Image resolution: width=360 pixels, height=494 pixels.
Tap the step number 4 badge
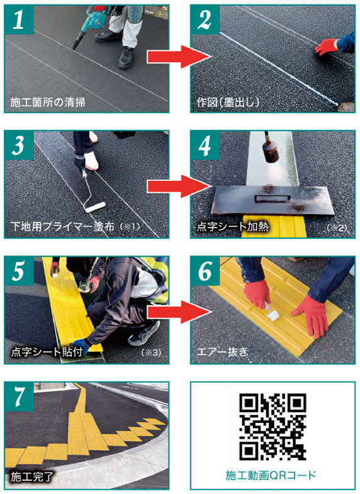pos(205,145)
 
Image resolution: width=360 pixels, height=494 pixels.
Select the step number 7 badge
pos(19,397)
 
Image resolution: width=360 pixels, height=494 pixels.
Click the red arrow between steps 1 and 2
pos(178,57)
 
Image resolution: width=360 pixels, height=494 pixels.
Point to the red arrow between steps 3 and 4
pos(178,187)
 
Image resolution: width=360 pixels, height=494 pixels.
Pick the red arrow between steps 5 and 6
pos(178,312)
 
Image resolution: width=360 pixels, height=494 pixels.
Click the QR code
pos(273,427)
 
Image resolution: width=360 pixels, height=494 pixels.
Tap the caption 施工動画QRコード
pos(271,475)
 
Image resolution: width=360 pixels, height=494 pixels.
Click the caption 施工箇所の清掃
pos(48,102)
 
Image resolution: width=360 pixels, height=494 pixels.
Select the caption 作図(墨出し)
pos(227,102)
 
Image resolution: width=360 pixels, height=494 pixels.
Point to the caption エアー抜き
pos(222,352)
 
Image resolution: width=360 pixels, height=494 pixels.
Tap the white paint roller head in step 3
pos(94,207)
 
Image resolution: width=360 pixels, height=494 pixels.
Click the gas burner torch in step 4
pos(270,148)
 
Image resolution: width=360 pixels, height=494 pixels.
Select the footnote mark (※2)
pos(336,228)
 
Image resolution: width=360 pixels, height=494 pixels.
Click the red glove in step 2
pos(327,47)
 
